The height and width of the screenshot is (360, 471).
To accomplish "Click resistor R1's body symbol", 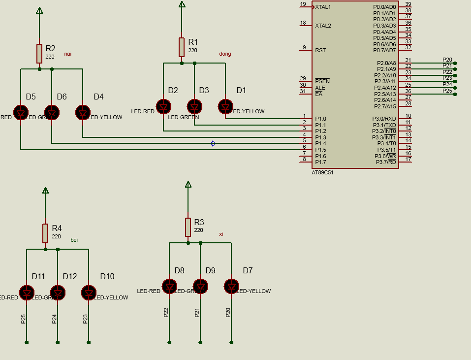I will pyautogui.click(x=182, y=47).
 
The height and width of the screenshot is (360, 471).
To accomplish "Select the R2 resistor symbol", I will pyautogui.click(x=39, y=53).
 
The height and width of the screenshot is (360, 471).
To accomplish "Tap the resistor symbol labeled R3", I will pyautogui.click(x=188, y=227).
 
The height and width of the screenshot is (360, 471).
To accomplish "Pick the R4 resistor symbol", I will pyautogui.click(x=45, y=233).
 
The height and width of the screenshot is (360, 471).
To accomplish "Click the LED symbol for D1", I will pyautogui.click(x=225, y=106).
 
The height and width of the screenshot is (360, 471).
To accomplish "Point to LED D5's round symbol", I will pyautogui.click(x=21, y=112).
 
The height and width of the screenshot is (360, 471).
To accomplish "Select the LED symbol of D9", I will pyautogui.click(x=200, y=286).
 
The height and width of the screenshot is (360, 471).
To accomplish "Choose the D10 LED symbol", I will pyautogui.click(x=89, y=293).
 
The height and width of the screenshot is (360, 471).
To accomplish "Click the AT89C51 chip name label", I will pyautogui.click(x=322, y=173).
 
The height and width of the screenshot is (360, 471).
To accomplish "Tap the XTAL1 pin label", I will pyautogui.click(x=323, y=7).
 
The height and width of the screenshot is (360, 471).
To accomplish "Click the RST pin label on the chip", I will pyautogui.click(x=320, y=50).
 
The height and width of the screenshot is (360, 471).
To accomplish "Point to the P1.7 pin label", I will pyautogui.click(x=320, y=162).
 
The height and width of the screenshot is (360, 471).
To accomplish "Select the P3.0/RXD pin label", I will pyautogui.click(x=384, y=119).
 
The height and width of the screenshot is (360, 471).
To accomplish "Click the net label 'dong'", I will pyautogui.click(x=225, y=54).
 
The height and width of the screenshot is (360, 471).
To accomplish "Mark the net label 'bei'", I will pyautogui.click(x=74, y=240).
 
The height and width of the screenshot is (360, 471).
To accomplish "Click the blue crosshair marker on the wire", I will pyautogui.click(x=213, y=144).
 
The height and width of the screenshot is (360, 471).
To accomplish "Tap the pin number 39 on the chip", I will pyautogui.click(x=408, y=4).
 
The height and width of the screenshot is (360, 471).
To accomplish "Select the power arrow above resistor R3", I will pyautogui.click(x=188, y=184).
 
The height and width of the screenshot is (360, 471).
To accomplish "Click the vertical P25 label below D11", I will pyautogui.click(x=24, y=319).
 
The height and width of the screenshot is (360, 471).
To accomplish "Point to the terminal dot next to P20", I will pyautogui.click(x=455, y=63).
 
